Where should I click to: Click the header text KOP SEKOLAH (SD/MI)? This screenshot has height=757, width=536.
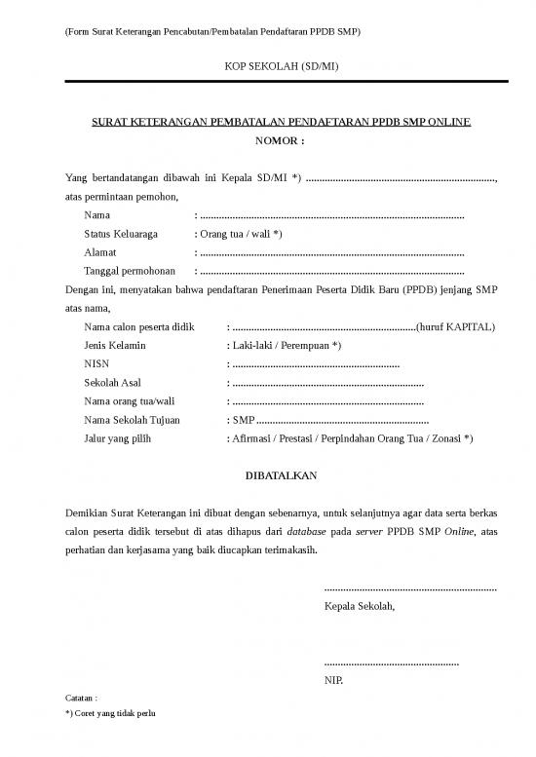[280, 66]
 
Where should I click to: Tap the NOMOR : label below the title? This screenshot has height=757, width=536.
[280, 141]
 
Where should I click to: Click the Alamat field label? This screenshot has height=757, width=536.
[100, 252]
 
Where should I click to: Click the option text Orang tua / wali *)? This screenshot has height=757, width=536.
[241, 234]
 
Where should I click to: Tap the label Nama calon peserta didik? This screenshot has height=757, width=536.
[140, 326]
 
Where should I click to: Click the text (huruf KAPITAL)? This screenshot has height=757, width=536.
[455, 326]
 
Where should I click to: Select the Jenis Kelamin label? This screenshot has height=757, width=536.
[115, 345]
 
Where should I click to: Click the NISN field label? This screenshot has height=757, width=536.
[96, 363]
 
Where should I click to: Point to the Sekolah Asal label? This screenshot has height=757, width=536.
[112, 383]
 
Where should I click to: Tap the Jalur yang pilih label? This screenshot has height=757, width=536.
[118, 438]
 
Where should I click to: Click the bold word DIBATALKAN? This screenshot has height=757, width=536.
[280, 475]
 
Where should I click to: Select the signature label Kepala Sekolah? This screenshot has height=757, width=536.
[360, 606]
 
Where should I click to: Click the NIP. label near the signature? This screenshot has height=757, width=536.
[333, 680]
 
